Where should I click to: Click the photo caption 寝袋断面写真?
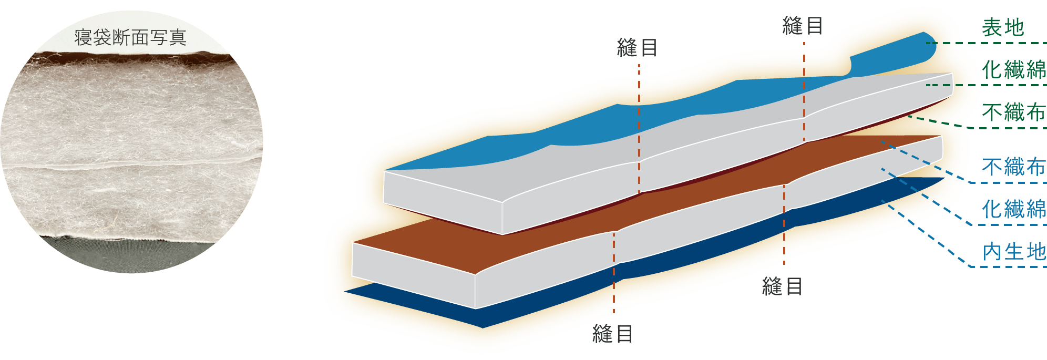pos(130,37)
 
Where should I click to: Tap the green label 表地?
pos(1003,28)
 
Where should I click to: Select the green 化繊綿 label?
pos(1013,69)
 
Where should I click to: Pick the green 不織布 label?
pos(1013,112)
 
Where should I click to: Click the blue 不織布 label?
pos(1013,167)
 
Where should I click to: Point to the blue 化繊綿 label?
pos(1013,209)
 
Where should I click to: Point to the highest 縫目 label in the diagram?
pos(803,26)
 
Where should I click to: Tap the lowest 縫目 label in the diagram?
pos(613,334)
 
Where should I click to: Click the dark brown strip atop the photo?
pos(131,57)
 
